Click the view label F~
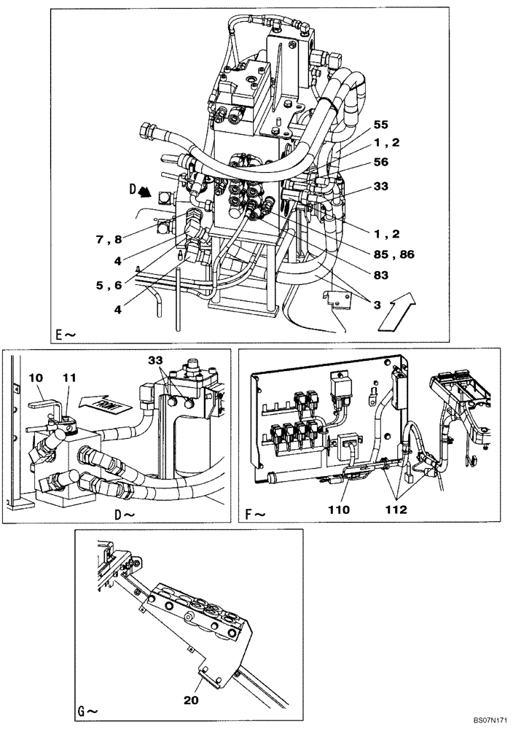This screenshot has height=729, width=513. pyautogui.click(x=254, y=514)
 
